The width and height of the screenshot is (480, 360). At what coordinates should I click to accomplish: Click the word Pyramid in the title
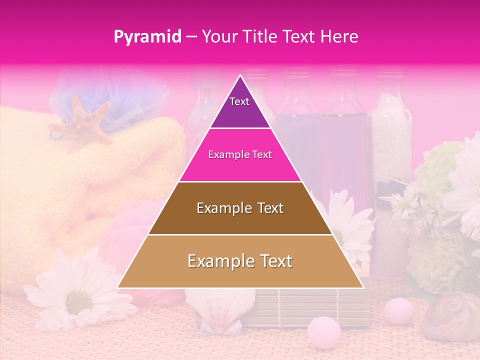tap(147, 37)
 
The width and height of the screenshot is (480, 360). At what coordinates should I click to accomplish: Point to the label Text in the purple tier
tap(239, 101)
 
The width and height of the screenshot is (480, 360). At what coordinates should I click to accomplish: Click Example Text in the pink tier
tap(240, 154)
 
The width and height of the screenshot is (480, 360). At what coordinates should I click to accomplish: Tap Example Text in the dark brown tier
tap(240, 208)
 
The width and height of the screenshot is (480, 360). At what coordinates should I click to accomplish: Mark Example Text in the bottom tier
tap(240, 261)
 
